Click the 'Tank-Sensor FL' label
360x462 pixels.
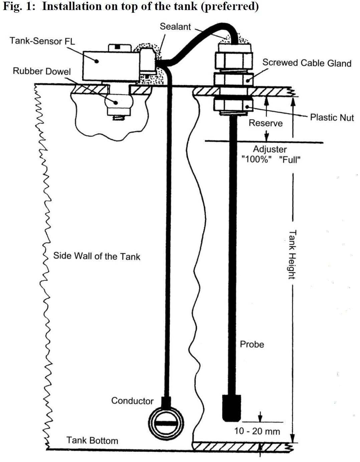point(42,41)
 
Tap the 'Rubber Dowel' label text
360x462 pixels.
point(42,71)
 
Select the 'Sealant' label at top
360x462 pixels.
point(175,27)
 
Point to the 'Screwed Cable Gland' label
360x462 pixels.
point(307,63)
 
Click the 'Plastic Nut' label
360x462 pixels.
point(332,117)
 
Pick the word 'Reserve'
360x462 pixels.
point(265,123)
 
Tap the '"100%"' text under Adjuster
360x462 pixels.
point(255,159)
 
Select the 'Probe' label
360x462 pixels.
point(252,344)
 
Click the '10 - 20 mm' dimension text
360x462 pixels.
point(257,431)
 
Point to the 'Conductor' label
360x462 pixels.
point(132,401)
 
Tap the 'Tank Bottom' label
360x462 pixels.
point(92,440)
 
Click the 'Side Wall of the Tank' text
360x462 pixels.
point(97,256)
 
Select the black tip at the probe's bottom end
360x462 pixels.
point(231,408)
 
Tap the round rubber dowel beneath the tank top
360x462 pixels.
point(119,102)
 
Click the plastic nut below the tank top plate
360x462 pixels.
point(233,104)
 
